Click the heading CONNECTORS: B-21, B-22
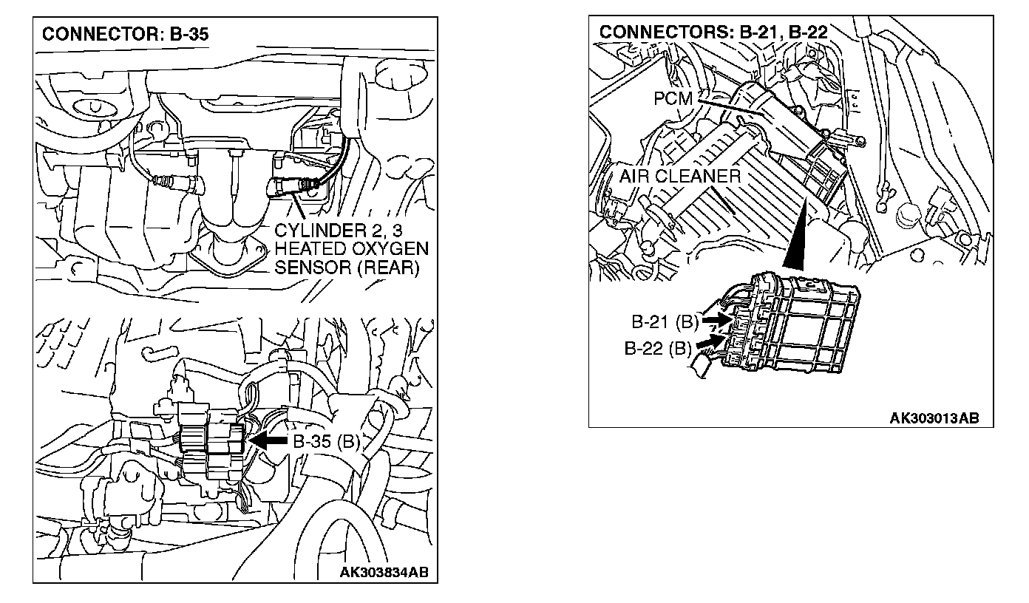click(x=713, y=33)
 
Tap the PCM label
click(x=672, y=98)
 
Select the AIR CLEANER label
click(x=679, y=176)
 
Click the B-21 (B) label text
click(x=665, y=322)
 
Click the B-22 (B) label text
click(x=657, y=349)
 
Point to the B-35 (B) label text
click(x=327, y=442)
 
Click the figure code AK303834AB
click(x=385, y=572)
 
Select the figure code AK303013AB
click(x=934, y=418)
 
